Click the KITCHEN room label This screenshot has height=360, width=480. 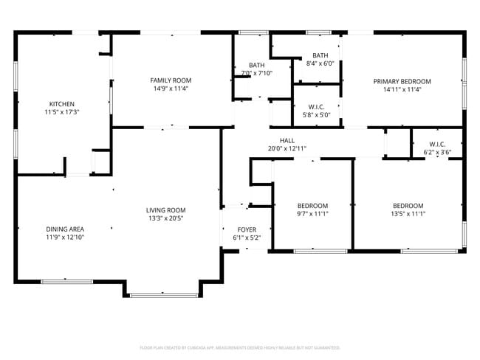61,104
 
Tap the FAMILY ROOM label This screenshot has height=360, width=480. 171,80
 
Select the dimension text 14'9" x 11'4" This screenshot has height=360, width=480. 171,89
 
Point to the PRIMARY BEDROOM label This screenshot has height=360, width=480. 402,81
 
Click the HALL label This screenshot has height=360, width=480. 287,140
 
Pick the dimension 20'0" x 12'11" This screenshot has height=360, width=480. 287,148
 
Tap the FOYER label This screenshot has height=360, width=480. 247,230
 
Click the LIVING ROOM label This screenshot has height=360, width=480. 165,210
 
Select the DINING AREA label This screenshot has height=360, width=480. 65,229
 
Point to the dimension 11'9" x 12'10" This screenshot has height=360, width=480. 65,238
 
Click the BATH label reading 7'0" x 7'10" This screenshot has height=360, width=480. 256,65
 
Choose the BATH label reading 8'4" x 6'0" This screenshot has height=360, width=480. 320,55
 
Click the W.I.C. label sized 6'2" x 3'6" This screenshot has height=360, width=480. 437,145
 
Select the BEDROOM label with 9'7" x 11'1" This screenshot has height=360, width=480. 312,206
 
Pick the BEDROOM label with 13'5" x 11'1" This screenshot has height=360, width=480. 408,206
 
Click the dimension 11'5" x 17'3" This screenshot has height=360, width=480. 61,112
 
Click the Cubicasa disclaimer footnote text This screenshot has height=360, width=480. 240,347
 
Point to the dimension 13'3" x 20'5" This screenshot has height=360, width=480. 165,218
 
